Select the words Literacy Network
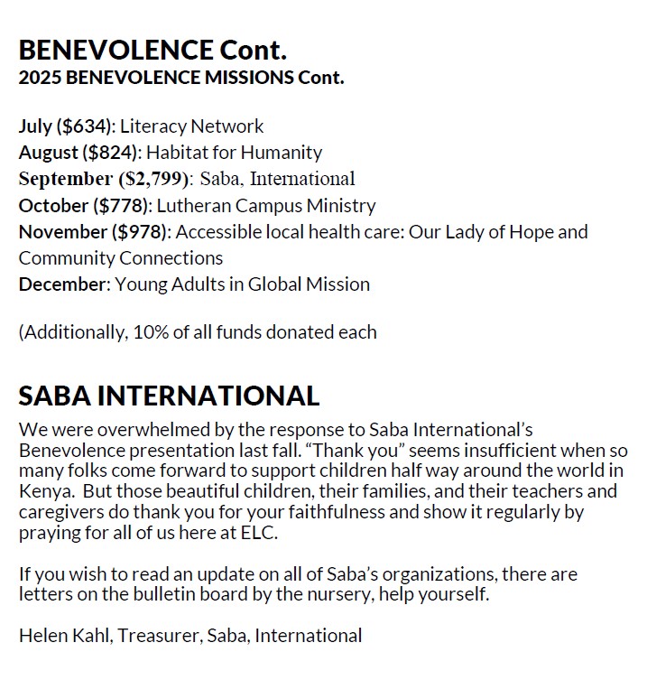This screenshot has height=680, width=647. tap(192, 126)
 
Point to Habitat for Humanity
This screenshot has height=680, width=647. tap(235, 153)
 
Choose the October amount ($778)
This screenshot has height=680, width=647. tap(118, 205)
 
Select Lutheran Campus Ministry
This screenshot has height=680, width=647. tap(270, 205)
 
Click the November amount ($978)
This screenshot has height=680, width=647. tap(140, 232)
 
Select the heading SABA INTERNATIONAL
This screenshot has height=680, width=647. tap(169, 396)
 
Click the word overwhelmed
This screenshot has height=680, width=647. tap(135, 430)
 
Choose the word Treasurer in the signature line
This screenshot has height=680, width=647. tap(163, 636)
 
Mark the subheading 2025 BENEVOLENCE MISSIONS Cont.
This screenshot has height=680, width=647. tap(181, 78)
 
